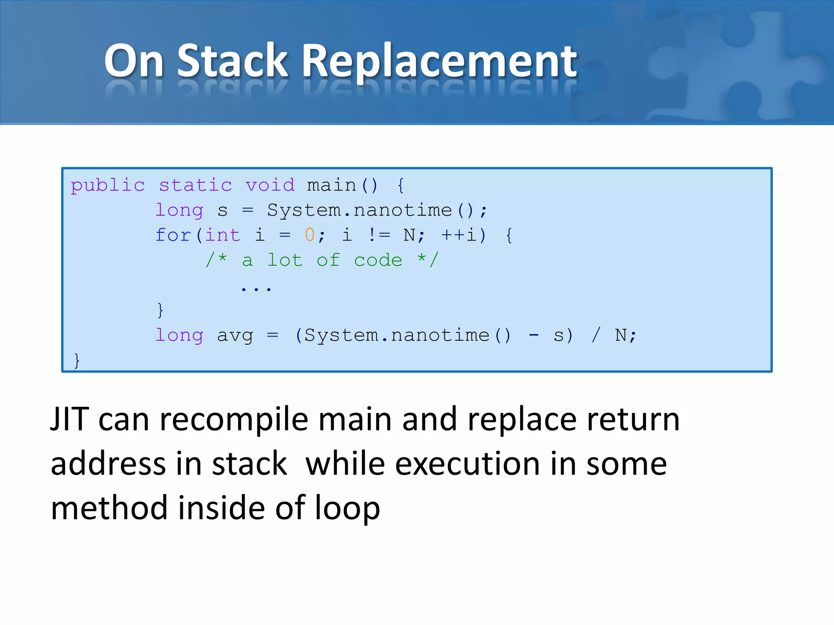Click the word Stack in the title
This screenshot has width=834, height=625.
pos(233,61)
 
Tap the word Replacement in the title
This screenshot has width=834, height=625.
pos(439,61)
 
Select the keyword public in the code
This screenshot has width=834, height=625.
pos(108,186)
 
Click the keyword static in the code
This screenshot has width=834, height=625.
pos(195,186)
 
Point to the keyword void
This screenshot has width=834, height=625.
pos(270,186)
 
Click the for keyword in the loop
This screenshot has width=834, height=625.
pos(173,235)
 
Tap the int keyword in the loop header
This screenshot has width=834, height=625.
pos(223,235)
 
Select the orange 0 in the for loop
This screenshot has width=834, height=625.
pos(309,235)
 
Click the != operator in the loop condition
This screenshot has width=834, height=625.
pos(379,235)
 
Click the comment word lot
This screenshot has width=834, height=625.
pos(285,260)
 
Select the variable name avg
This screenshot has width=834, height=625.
pos(235,336)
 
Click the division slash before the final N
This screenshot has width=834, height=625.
pos(596,335)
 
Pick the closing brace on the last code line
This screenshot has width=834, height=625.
pos(77,361)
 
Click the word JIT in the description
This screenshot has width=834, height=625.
pos(69,419)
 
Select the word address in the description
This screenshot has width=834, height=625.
pos(108,464)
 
